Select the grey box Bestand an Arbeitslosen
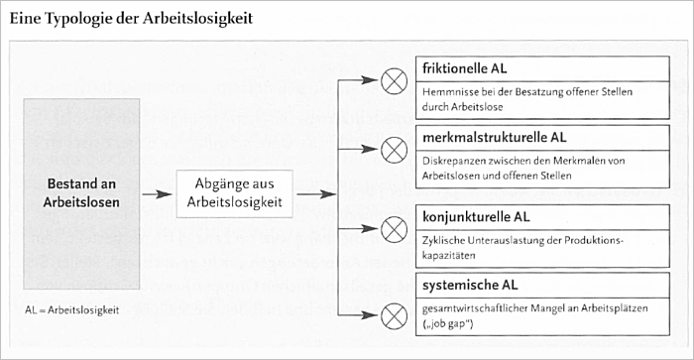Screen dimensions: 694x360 [81, 193]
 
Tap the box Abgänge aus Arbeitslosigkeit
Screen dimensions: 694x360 [235, 193]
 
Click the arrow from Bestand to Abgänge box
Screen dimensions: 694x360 [157, 194]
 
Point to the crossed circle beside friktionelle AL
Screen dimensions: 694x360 [394, 80]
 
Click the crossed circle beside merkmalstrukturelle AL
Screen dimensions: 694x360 [394, 149]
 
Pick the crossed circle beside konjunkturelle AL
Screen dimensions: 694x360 [394, 229]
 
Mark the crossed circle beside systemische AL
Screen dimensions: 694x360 [394, 315]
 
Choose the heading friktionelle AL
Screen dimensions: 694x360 [464, 68]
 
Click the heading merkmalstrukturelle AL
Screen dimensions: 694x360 [495, 137]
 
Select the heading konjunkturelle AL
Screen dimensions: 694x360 [476, 217]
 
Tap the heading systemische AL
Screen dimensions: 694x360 [470, 286]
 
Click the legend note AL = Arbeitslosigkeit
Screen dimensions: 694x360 [72, 310]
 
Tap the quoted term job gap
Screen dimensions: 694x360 [448, 324]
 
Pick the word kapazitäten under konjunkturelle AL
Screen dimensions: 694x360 [449, 256]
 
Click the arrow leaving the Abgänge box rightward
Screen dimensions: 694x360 [316, 194]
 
